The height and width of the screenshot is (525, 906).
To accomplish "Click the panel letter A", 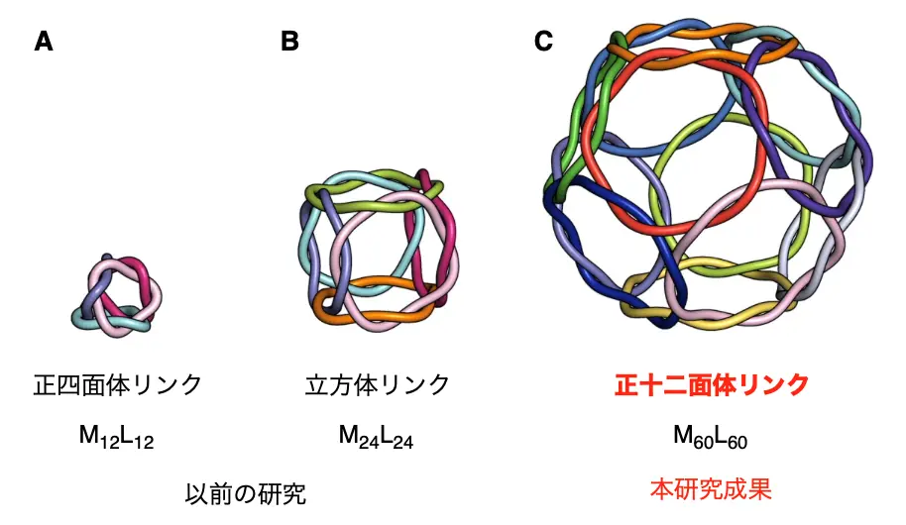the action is tap(44, 42).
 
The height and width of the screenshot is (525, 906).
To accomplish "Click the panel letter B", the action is tap(289, 41).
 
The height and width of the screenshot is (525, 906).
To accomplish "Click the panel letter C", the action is tap(544, 41).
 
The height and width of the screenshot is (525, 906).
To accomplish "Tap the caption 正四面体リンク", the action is tap(118, 384).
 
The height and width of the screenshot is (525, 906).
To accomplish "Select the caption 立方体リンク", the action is tap(378, 384).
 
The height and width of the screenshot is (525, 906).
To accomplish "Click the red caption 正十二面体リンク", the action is tap(712, 384).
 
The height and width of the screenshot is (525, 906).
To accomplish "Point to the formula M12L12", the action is tap(116, 437).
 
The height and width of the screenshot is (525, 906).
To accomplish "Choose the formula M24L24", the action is tap(376, 437).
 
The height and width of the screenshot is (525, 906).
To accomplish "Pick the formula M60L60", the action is tap(710, 437).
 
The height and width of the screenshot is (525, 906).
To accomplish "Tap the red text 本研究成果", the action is tap(711, 489).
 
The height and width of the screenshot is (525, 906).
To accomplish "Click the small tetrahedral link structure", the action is tap(117, 296).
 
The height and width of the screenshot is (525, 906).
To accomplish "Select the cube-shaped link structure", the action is tap(379, 250).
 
